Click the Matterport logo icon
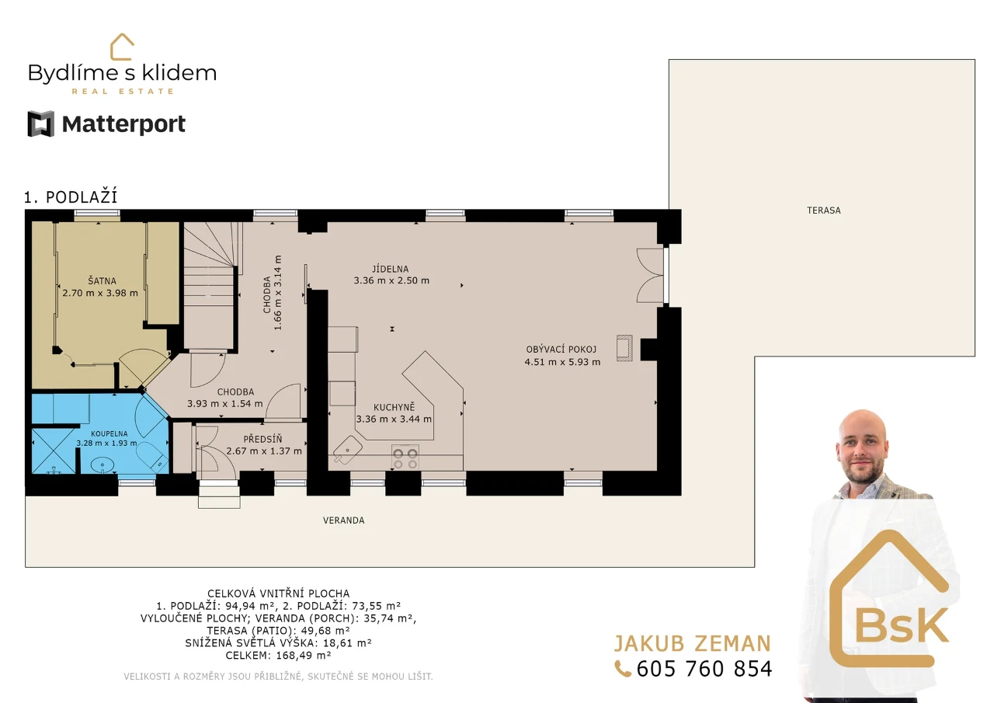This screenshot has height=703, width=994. pos(41,124)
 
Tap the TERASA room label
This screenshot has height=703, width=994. pos(824,211)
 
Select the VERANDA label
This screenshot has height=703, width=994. pos(344,520)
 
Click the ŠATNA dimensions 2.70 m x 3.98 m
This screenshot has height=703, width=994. pos(100,293)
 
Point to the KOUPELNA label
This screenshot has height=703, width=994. pos(109,433)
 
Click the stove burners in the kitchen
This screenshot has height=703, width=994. pos(405,458)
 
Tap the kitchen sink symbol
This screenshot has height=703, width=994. pos(347,450)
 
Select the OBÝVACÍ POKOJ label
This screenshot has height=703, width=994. pos(561,350)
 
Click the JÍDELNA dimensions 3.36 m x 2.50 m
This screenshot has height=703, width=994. pos(391,280)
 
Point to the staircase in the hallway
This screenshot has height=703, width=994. pos(209,287)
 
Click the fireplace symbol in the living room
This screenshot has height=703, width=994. pos(624,348)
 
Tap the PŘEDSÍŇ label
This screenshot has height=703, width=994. pos(262,439)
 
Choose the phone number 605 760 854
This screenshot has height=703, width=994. pos(704,669)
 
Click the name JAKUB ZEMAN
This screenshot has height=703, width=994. pos(692,643)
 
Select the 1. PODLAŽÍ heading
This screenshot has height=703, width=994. pos(71,197)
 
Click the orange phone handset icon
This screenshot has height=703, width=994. pos(623,669)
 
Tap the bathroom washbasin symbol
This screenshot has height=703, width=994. pos(102,465)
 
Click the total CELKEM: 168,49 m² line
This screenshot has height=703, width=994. pos(278,655)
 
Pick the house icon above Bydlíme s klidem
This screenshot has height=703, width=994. pos(122,47)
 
